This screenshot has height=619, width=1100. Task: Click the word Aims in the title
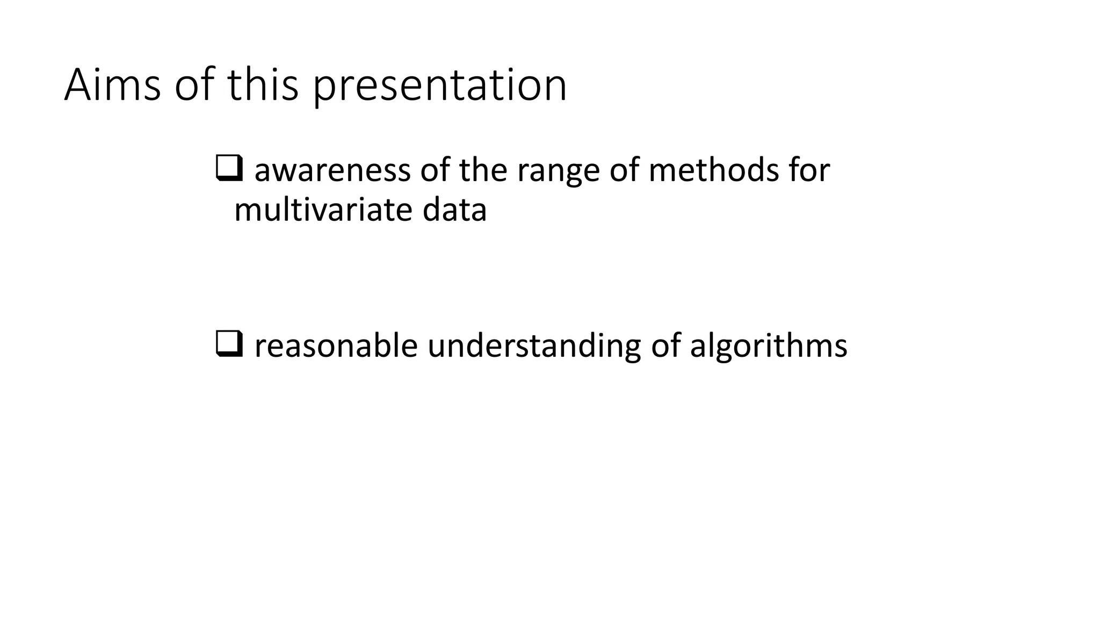click(112, 85)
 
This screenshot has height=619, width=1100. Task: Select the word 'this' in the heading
click(263, 85)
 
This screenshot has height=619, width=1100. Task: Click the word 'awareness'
click(332, 170)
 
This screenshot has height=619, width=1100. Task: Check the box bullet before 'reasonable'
click(229, 344)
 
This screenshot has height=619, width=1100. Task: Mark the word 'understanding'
click(534, 347)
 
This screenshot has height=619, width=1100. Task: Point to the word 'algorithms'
click(769, 347)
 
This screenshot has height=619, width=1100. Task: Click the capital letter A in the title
click(77, 85)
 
